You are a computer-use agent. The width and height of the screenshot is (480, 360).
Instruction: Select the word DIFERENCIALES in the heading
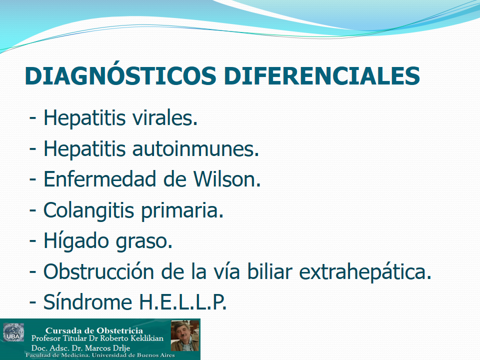tap(321, 75)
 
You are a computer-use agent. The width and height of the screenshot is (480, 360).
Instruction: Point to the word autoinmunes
tap(195, 148)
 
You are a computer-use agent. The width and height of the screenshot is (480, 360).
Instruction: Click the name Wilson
tap(227, 179)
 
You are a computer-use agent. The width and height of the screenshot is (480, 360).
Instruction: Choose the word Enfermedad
tap(100, 179)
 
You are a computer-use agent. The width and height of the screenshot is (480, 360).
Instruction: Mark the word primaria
tap(182, 211)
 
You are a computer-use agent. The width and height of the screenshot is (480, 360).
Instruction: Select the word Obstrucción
tap(98, 271)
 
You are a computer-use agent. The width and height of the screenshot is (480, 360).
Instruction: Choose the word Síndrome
tap(87, 302)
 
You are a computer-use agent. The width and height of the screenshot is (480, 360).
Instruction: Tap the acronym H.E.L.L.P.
tap(183, 302)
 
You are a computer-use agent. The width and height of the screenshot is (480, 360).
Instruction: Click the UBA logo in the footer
tap(13, 332)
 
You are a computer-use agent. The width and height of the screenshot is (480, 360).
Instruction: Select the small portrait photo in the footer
tap(185, 335)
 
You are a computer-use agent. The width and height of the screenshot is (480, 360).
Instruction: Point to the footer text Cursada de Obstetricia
tap(94, 330)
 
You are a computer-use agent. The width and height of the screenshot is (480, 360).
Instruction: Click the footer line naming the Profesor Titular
tap(97, 338)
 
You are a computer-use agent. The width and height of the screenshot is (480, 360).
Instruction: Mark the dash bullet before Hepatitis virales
tap(33, 118)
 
